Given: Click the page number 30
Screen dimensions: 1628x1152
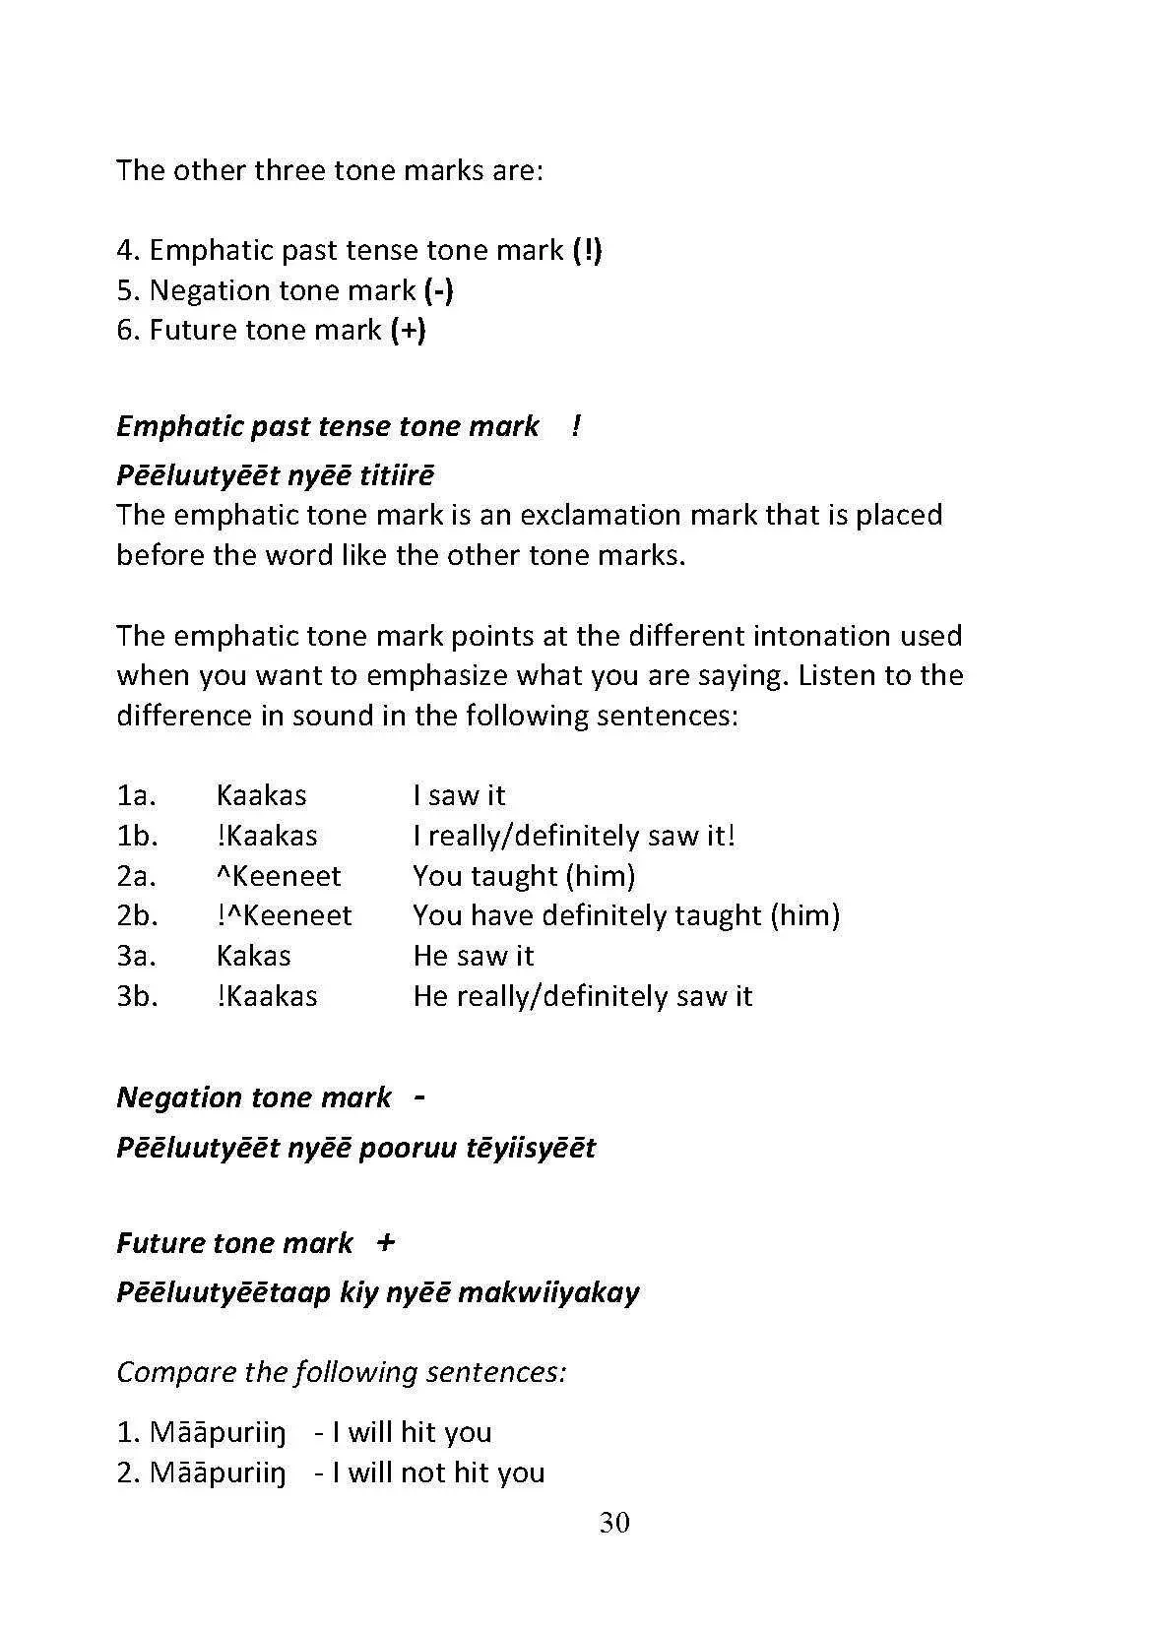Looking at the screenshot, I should (x=613, y=1523).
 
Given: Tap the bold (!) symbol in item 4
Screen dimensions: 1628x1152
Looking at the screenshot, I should (x=587, y=250).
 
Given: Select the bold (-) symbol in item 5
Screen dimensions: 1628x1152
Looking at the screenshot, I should (x=438, y=290).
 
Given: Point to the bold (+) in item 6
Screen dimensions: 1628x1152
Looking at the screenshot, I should (x=408, y=330).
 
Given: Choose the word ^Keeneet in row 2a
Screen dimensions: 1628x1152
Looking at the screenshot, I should (x=279, y=876).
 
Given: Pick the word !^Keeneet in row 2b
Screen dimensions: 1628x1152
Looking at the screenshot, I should (x=284, y=915).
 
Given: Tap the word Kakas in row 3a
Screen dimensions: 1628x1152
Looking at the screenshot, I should (x=254, y=956).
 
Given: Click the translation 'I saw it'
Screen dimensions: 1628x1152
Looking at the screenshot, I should (x=459, y=795).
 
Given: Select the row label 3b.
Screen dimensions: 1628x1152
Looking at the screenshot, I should (x=137, y=996).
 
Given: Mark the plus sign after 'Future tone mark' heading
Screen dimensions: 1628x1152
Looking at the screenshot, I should (x=386, y=1243).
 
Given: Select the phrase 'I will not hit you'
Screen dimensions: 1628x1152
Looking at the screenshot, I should (x=438, y=1472).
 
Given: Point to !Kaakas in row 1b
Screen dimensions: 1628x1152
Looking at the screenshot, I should (x=267, y=836).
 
